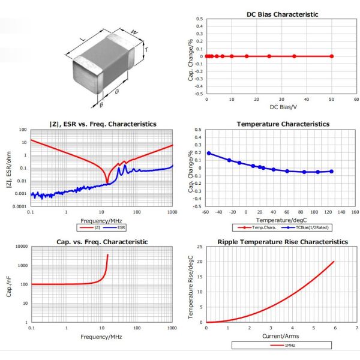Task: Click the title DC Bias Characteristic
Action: (282, 14)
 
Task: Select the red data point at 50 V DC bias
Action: (331, 56)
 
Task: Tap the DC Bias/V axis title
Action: (281, 107)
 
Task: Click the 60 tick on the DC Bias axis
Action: (356, 100)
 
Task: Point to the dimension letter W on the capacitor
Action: (134, 32)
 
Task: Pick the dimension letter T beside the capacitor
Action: (146, 50)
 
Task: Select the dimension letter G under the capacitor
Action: (116, 92)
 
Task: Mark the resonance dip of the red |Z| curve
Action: (107, 182)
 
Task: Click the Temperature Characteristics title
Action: (283, 124)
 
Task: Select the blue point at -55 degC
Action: (209, 153)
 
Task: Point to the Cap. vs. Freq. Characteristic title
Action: (102, 242)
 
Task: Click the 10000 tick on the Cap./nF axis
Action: (20, 247)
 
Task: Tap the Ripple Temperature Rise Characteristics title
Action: (282, 242)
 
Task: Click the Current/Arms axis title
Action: (281, 337)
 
